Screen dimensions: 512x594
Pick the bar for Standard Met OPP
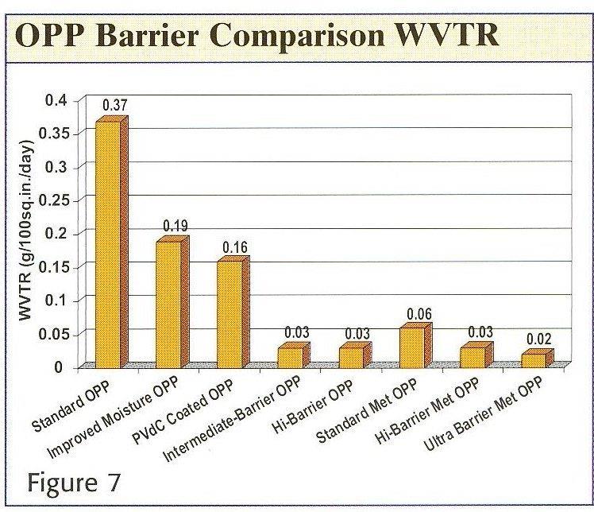tap(412, 347)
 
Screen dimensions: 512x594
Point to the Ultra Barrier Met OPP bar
tap(534, 359)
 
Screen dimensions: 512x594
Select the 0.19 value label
tap(175, 227)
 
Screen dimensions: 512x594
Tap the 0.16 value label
tap(236, 247)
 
